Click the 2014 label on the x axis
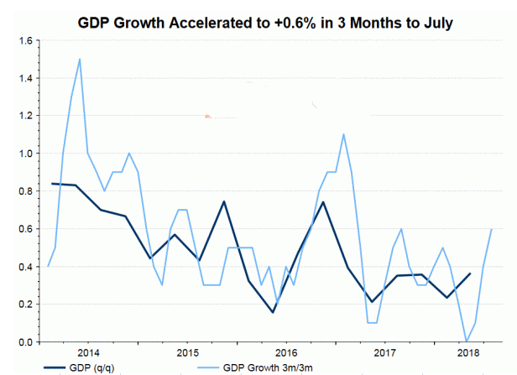(88, 352)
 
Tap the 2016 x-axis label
(286, 352)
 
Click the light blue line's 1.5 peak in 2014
(79, 59)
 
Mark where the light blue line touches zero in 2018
(466, 341)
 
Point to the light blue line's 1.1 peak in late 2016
(343, 134)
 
